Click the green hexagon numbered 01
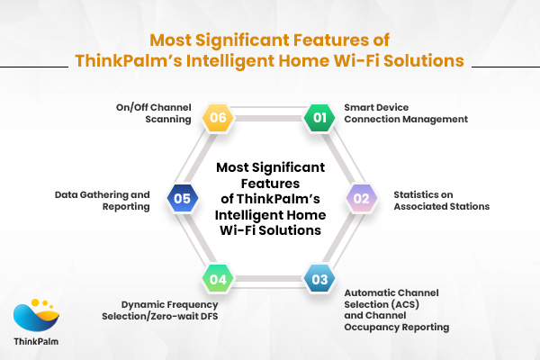tap(318, 117)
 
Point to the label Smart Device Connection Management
tap(392, 112)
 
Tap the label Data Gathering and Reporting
tap(103, 200)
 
